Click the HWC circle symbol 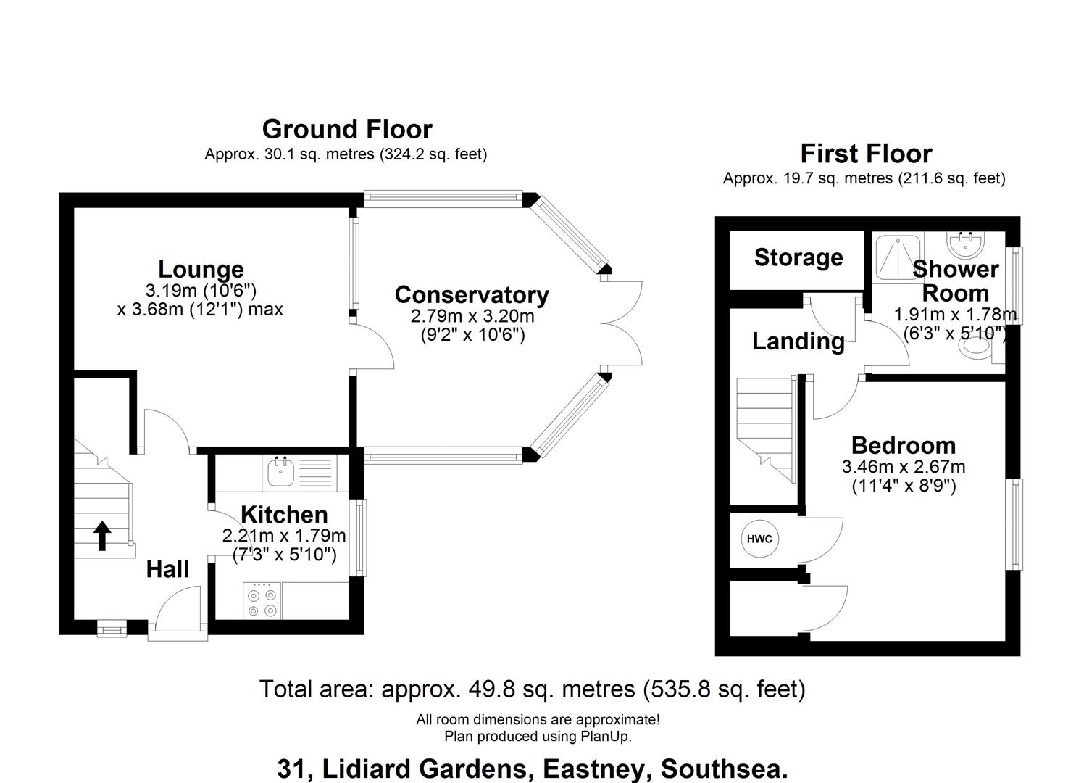click(759, 539)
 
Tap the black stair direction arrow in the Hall click(102, 536)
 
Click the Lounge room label click(201, 270)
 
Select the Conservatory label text click(472, 295)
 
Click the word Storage click(798, 257)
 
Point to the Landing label click(798, 341)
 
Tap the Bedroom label click(903, 444)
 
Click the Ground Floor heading click(347, 129)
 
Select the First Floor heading click(866, 154)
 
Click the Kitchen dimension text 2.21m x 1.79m click(284, 536)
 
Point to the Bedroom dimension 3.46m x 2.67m click(903, 467)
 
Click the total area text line click(532, 689)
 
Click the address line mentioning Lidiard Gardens click(532, 768)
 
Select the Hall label click(167, 569)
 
